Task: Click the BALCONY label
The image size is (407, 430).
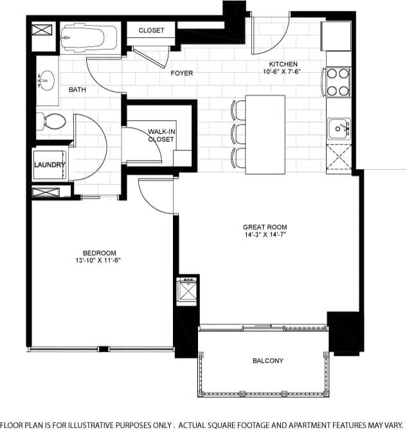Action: tap(267, 361)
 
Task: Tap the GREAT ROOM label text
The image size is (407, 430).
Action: tap(264, 227)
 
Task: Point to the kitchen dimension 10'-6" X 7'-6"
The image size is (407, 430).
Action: tap(283, 72)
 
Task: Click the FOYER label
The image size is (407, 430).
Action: tap(181, 73)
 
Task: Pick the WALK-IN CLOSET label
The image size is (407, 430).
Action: tap(161, 135)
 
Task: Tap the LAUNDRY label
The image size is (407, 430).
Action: tap(49, 165)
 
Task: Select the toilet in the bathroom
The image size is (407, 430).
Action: tap(51, 121)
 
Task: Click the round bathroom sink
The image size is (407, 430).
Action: tap(44, 81)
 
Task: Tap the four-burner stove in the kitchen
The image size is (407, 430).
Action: tap(338, 82)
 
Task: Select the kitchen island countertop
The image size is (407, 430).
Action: tap(266, 134)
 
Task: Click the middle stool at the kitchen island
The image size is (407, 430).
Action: tap(239, 134)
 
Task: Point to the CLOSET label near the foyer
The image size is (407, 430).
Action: tap(151, 30)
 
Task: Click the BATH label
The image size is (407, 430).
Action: tap(78, 89)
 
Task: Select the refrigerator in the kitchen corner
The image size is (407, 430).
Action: tap(336, 36)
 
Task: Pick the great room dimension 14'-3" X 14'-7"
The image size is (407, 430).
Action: tap(264, 235)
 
